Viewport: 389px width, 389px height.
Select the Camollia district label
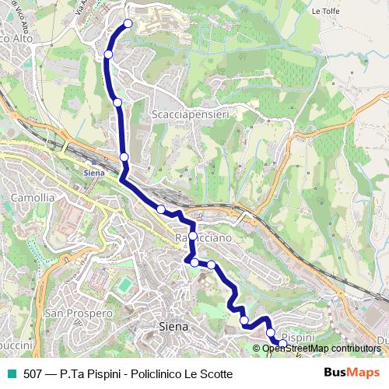coord(33,198)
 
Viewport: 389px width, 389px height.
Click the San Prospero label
coord(78,313)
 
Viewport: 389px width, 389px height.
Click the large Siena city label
coord(173,327)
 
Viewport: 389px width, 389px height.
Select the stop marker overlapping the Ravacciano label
coord(193,235)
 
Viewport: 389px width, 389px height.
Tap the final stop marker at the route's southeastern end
coord(283,343)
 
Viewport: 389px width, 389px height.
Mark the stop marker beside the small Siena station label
coord(124,157)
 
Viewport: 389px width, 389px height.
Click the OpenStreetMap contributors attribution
coord(321,348)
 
